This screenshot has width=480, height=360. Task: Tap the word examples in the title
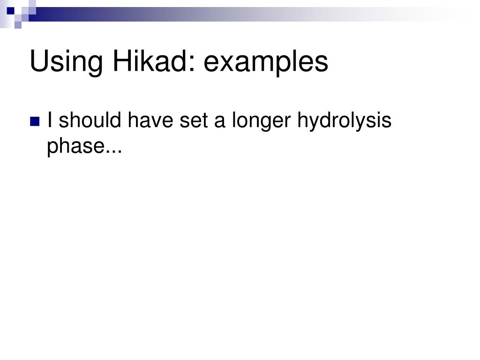click(266, 62)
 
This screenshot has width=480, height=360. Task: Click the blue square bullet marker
click(35, 122)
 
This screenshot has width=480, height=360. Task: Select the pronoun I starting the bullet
click(50, 120)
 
